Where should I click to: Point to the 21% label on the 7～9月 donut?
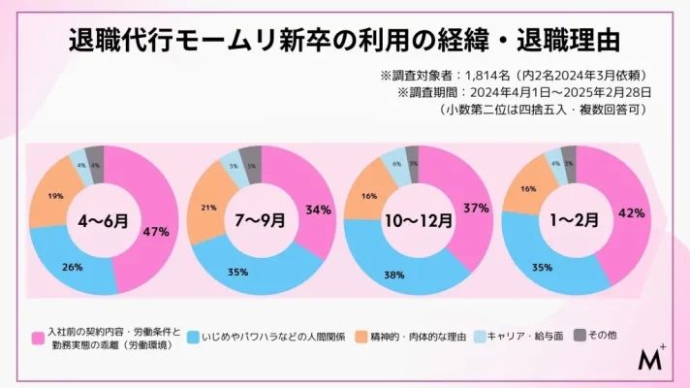tap(207, 208)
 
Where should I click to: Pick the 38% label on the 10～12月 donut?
tap(393, 275)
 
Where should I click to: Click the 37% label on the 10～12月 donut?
tap(475, 209)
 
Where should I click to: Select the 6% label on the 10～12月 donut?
tap(396, 165)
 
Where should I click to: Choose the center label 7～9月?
tap(257, 220)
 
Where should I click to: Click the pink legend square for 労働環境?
tap(38, 338)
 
